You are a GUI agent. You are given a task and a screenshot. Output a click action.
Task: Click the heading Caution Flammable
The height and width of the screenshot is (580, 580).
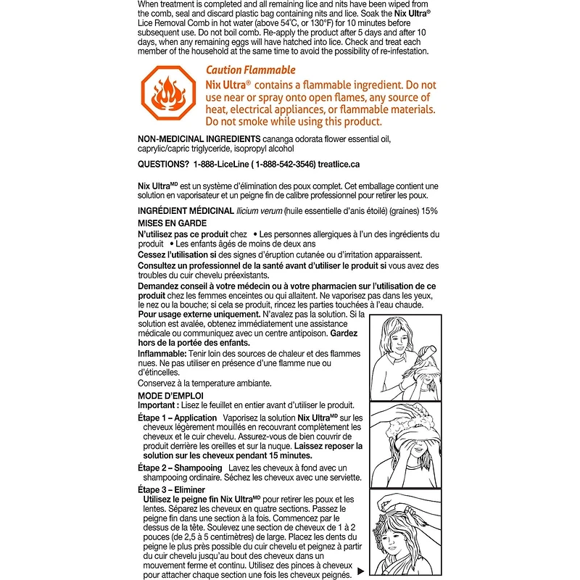[250, 70]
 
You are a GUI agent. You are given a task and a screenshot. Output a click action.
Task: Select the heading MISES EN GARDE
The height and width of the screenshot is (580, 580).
[172, 223]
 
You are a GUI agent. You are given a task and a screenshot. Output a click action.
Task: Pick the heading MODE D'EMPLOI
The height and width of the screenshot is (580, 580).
[170, 395]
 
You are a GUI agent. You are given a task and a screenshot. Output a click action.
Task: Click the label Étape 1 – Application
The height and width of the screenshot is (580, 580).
[178, 418]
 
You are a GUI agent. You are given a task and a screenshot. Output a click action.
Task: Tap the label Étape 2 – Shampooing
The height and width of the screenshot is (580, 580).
[180, 468]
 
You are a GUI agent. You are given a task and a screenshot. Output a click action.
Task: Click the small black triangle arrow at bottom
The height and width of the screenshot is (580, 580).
[361, 571]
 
